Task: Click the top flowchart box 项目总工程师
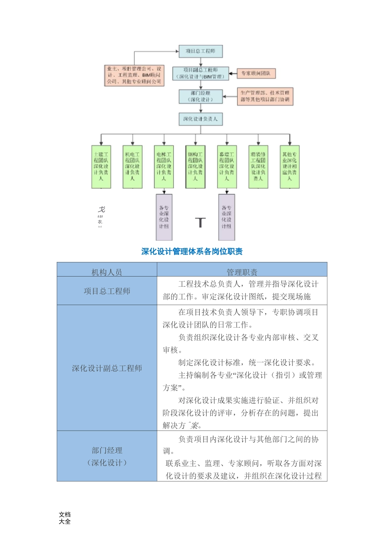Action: pyautogui.click(x=201, y=51)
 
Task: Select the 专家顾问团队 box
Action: pyautogui.click(x=256, y=74)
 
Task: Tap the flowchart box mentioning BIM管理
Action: pyautogui.click(x=201, y=74)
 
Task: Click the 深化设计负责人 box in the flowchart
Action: pyautogui.click(x=201, y=119)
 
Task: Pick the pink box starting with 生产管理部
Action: pyautogui.click(x=265, y=96)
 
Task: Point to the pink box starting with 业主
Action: pyautogui.click(x=134, y=76)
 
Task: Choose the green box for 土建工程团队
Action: pyautogui.click(x=101, y=167)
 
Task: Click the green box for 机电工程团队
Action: pyautogui.click(x=132, y=167)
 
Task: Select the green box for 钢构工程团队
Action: pyautogui.click(x=195, y=167)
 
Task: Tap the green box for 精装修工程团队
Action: pyautogui.click(x=258, y=167)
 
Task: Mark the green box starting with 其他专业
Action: pyautogui.click(x=290, y=167)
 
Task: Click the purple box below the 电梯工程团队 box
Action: pyautogui.click(x=164, y=217)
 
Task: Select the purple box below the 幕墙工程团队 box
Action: pyautogui.click(x=227, y=217)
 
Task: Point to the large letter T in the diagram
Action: pyautogui.click(x=200, y=223)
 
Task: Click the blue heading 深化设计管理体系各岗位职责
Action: pyautogui.click(x=192, y=252)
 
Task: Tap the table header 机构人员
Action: pyautogui.click(x=107, y=272)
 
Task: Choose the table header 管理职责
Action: pyautogui.click(x=242, y=272)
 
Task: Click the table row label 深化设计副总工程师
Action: pyautogui.click(x=107, y=368)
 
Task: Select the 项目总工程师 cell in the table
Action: pyautogui.click(x=107, y=291)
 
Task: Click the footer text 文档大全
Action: pyautogui.click(x=65, y=518)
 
